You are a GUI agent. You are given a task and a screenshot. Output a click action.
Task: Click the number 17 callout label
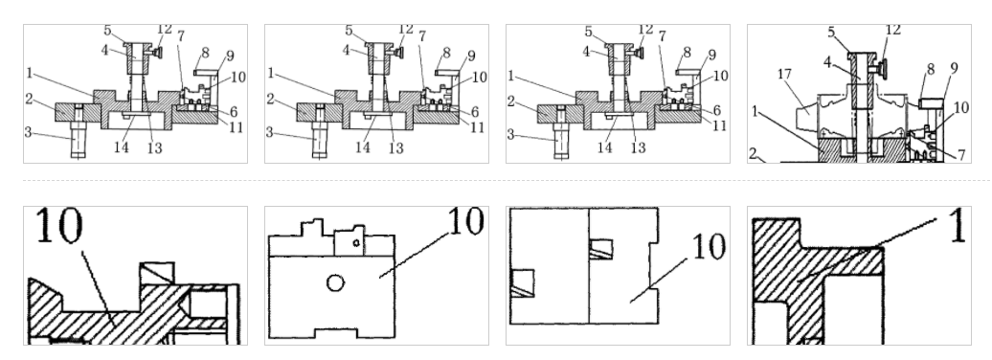[x=784, y=75]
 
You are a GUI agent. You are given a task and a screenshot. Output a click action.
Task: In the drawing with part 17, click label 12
[x=892, y=31]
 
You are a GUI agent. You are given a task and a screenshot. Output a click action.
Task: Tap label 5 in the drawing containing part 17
[x=832, y=32]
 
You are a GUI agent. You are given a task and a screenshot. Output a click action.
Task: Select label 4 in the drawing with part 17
[x=827, y=62]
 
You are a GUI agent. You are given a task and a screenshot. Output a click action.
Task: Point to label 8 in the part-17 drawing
[x=930, y=68]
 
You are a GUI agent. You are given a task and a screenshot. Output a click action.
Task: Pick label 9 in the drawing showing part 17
[x=954, y=67]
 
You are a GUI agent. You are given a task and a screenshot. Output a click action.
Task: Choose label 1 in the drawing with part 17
[x=755, y=111]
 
